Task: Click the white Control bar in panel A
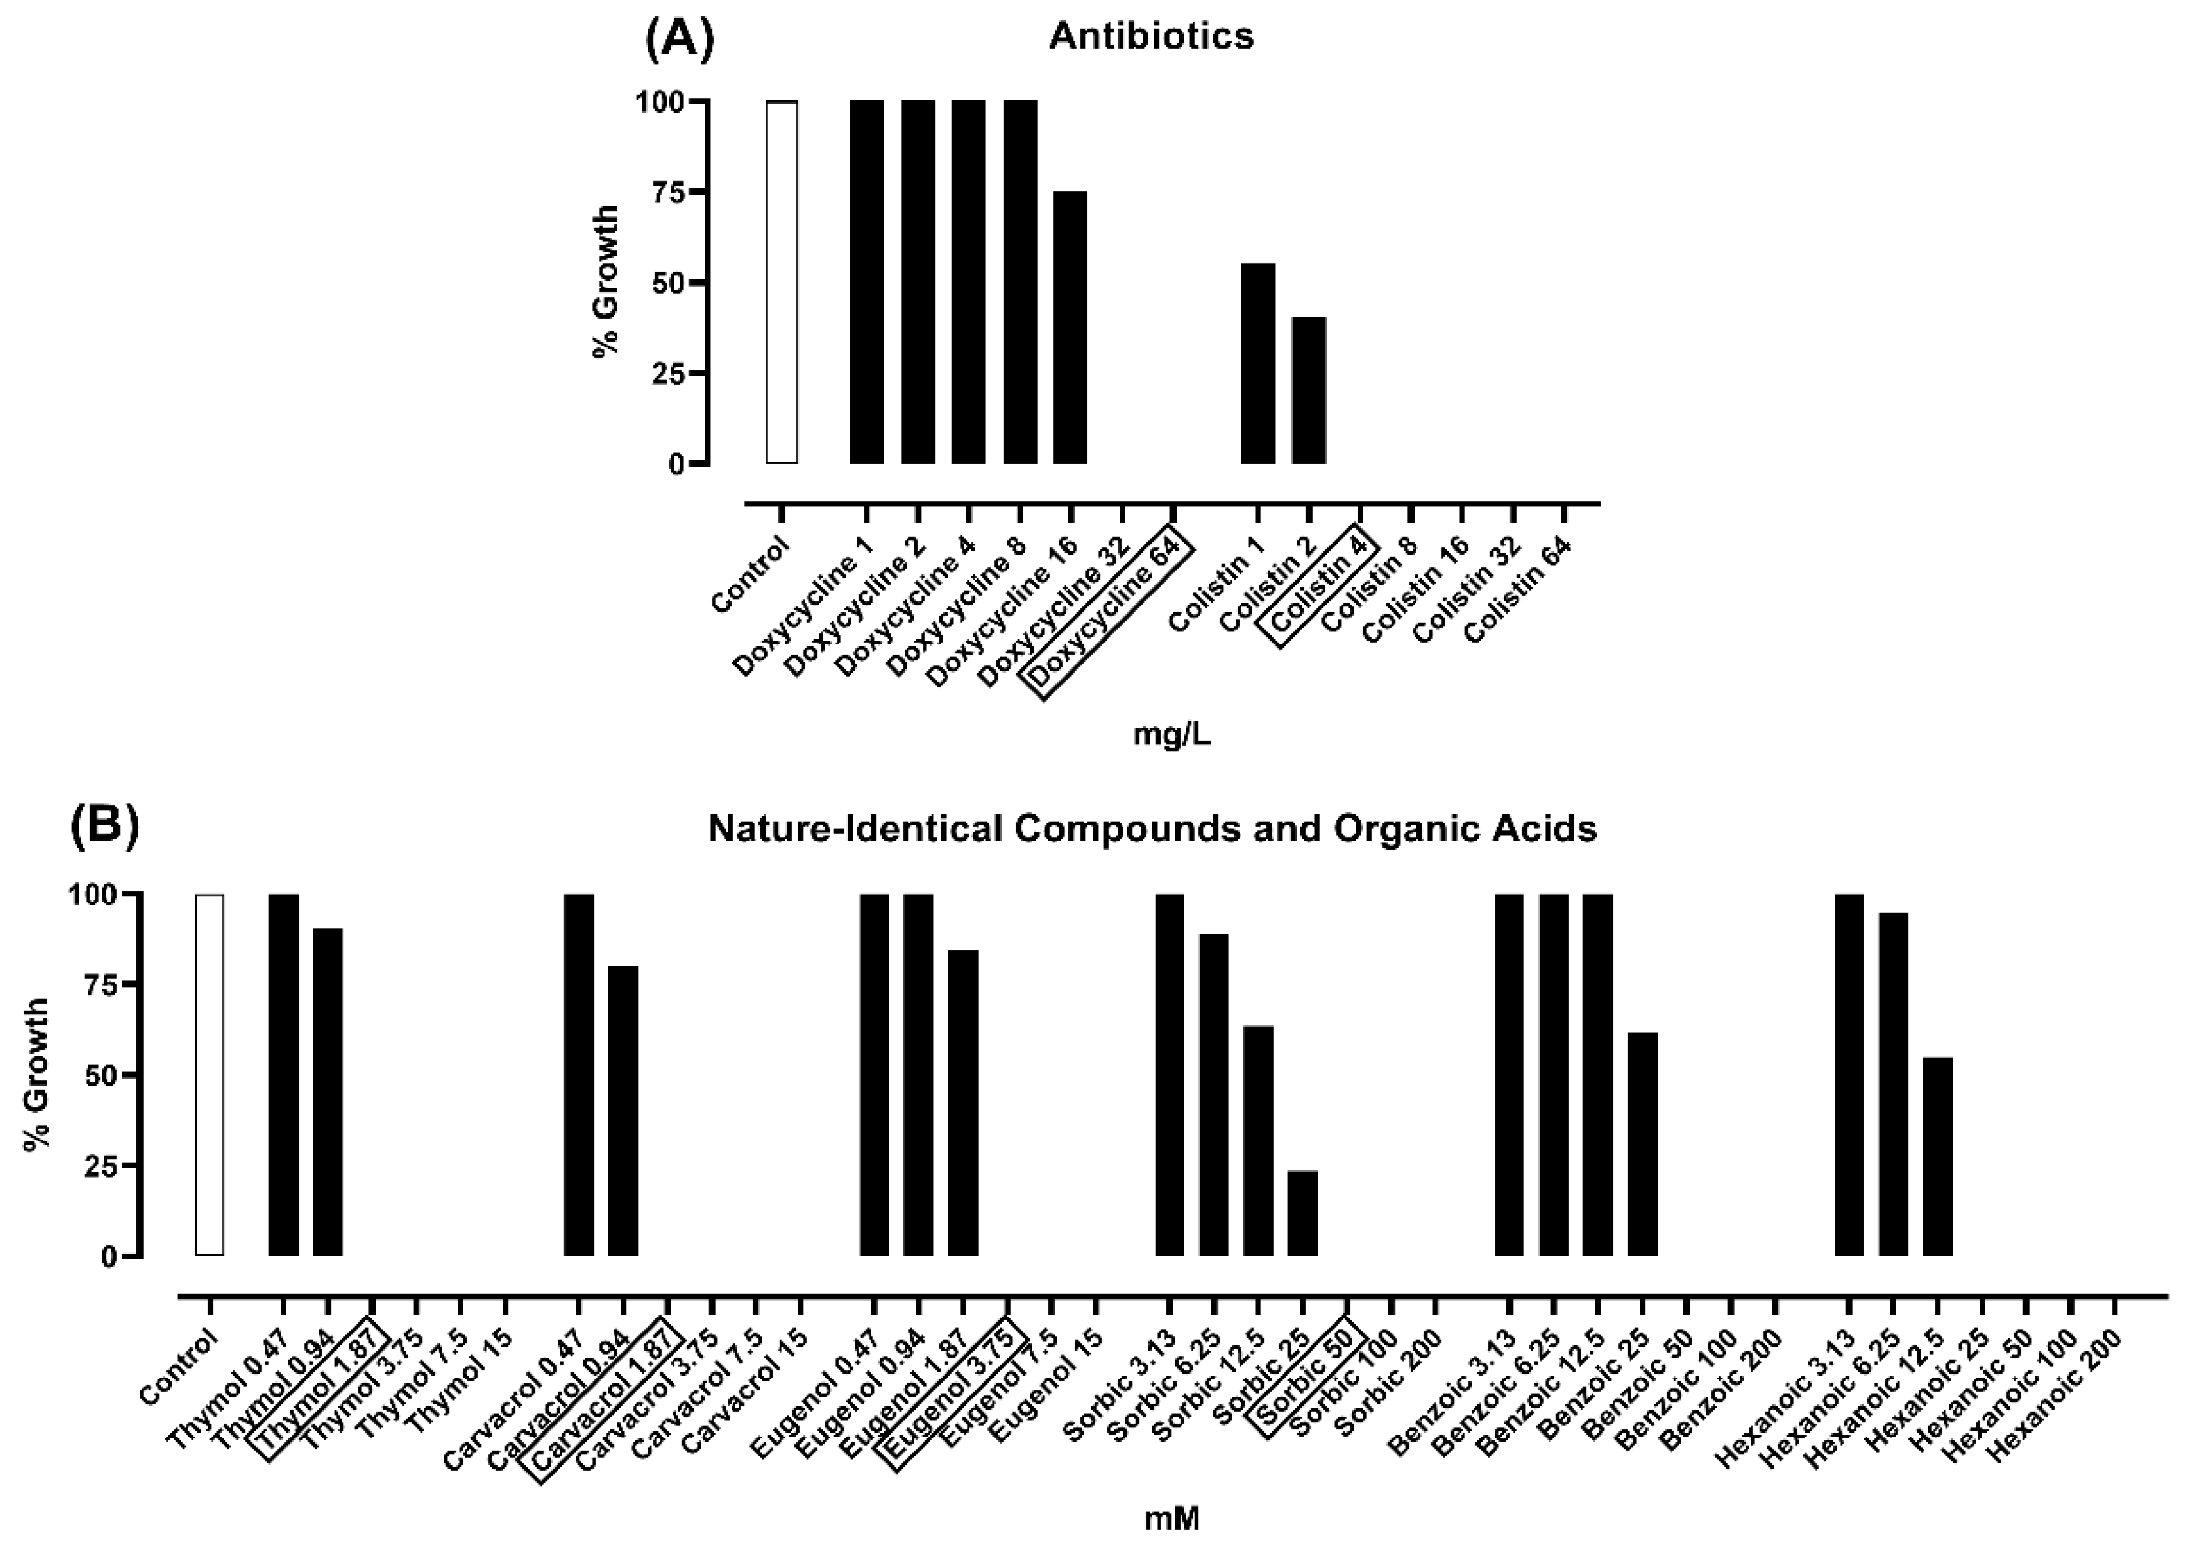(x=781, y=282)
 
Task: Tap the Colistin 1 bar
(x=1257, y=363)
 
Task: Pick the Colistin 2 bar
(x=1308, y=390)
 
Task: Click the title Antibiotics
(x=1151, y=36)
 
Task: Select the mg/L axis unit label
(x=1171, y=735)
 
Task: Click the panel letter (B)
(x=105, y=825)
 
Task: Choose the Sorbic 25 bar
(x=1302, y=1214)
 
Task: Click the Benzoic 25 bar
(x=1642, y=1144)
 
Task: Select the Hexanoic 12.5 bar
(x=1938, y=1156)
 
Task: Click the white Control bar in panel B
(x=210, y=1075)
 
